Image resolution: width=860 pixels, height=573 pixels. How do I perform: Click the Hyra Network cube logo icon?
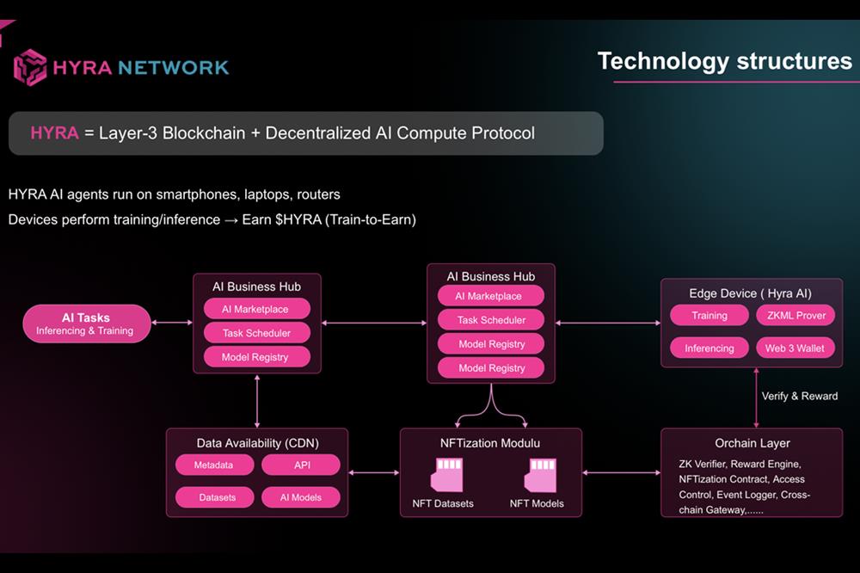tap(30, 66)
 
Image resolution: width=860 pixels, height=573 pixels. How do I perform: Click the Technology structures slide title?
tap(724, 61)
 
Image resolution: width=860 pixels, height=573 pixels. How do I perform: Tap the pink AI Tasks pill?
tap(85, 323)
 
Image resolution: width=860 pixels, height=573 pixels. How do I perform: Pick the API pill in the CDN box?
tap(301, 465)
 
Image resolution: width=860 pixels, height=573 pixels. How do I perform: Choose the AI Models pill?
tap(301, 497)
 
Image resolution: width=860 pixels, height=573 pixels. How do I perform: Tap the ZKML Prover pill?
tap(795, 316)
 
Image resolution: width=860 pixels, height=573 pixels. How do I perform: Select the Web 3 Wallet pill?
tap(795, 348)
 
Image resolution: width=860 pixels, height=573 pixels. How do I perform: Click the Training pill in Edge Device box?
tap(709, 316)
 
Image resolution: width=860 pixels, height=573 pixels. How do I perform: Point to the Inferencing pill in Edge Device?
tap(709, 348)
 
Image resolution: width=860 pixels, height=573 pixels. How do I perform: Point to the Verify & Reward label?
tap(800, 396)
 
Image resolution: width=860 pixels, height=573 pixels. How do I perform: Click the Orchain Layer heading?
tap(752, 443)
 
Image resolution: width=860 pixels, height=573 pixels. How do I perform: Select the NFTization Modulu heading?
tap(490, 443)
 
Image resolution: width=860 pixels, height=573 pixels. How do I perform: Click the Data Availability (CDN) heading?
tap(257, 443)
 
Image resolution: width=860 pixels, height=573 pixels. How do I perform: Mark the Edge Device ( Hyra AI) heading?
tap(750, 293)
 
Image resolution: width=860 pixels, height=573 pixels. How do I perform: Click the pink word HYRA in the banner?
tap(54, 133)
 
